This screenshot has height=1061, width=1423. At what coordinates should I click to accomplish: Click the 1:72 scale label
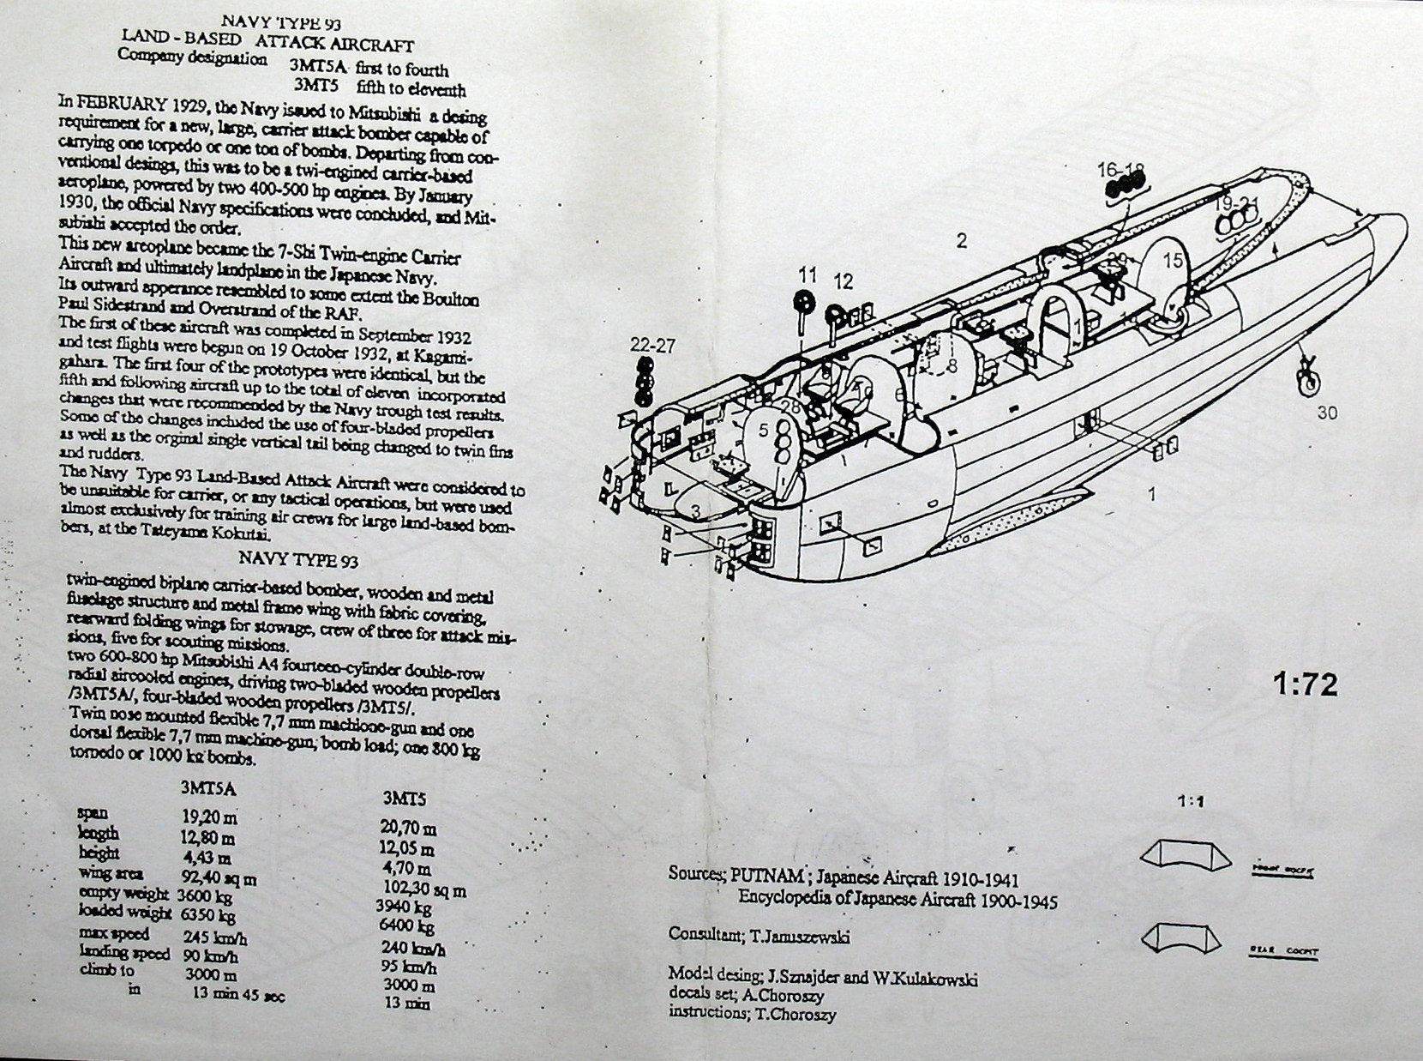tap(1305, 686)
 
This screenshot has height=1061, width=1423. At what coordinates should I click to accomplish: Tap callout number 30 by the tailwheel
tap(1327, 413)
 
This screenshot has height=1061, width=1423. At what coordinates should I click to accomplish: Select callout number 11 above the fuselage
tap(808, 275)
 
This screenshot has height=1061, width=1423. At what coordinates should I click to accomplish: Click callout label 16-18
tap(1120, 169)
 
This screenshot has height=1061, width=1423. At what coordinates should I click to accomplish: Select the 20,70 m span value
tap(409, 829)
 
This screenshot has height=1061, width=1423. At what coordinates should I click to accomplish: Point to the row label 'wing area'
tap(107, 873)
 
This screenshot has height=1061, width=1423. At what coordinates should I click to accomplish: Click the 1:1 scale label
tap(1190, 803)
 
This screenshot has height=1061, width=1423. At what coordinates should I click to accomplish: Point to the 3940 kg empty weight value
tap(404, 907)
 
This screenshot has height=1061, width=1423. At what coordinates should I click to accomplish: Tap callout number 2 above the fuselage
tap(962, 241)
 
